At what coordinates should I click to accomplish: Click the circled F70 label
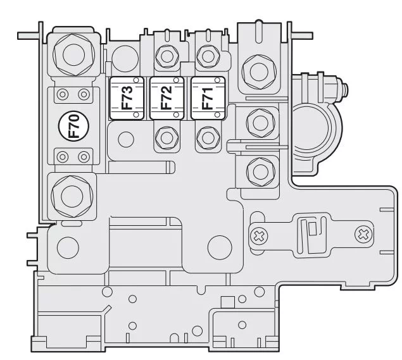pyautogui.click(x=74, y=126)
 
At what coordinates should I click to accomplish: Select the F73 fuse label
pyautogui.click(x=127, y=98)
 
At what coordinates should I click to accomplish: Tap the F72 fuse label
pyautogui.click(x=166, y=98)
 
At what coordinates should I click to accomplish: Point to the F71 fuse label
pyautogui.click(x=208, y=99)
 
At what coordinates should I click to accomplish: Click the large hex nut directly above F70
pyautogui.click(x=73, y=54)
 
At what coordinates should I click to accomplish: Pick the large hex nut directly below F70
pyautogui.click(x=72, y=196)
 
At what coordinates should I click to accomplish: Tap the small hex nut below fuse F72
pyautogui.click(x=167, y=138)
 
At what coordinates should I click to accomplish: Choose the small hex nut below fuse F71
pyautogui.click(x=208, y=138)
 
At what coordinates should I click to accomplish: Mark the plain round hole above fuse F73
pyautogui.click(x=125, y=59)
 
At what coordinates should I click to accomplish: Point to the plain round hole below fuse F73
pyautogui.click(x=126, y=139)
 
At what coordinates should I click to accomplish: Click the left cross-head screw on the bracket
pyautogui.click(x=258, y=236)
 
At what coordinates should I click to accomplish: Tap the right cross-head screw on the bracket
pyautogui.click(x=364, y=234)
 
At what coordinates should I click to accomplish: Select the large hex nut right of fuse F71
pyautogui.click(x=259, y=72)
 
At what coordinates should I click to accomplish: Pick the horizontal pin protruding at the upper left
pyautogui.click(x=28, y=35)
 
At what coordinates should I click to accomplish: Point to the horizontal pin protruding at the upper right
pyautogui.click(x=302, y=35)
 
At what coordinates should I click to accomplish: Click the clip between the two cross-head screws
pyautogui.click(x=312, y=235)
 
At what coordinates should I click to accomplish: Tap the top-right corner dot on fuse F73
pyautogui.click(x=136, y=80)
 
